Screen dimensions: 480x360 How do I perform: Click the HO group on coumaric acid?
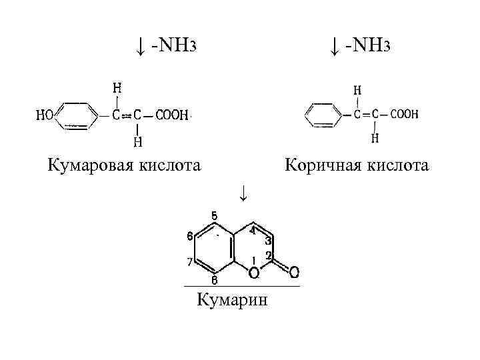(45, 115)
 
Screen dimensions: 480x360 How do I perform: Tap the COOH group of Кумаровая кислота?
(172, 115)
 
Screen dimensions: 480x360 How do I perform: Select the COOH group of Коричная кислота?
(404, 114)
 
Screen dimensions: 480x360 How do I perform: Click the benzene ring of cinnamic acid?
(323, 115)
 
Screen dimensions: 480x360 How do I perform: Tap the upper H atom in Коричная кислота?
(358, 89)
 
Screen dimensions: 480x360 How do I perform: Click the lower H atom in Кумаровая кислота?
(137, 141)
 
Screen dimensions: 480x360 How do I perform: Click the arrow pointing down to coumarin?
(244, 193)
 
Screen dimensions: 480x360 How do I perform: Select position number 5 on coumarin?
(214, 215)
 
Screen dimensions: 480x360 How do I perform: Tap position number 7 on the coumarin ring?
(189, 261)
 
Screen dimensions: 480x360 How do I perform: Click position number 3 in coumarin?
(267, 241)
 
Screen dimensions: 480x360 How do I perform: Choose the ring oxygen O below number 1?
(253, 273)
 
